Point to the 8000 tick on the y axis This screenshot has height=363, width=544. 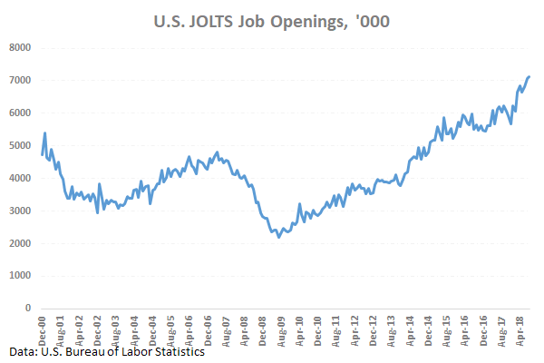coord(19,47)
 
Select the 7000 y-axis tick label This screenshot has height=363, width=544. coord(19,80)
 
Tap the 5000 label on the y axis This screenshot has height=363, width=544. coord(19,145)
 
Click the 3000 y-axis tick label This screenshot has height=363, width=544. coord(19,211)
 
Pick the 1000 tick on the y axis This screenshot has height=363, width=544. coord(19,276)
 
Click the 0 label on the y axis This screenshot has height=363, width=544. coord(27,309)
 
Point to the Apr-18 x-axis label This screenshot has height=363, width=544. coord(523,327)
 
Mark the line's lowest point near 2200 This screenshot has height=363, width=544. coord(278,237)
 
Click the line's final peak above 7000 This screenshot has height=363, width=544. coord(529,77)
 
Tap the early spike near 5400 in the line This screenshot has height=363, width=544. coord(45,133)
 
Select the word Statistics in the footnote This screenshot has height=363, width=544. coord(176,351)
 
